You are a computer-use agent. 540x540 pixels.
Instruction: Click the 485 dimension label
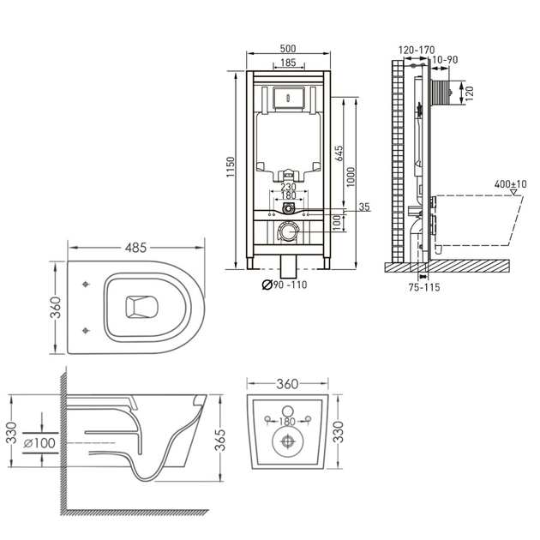pos(135,247)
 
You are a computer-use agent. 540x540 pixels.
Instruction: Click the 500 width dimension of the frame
pos(288,49)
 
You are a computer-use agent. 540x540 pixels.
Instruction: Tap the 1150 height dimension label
pos(230,167)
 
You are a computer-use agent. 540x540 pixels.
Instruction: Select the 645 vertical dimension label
pos(339,153)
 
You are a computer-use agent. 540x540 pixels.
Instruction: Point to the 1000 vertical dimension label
pos(351,177)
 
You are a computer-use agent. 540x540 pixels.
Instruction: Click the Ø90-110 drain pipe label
pos(284,285)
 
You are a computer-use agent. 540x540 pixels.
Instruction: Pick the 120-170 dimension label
pos(417,51)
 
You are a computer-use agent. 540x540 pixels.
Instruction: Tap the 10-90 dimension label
pos(445,60)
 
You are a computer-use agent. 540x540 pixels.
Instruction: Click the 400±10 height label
pos(510,184)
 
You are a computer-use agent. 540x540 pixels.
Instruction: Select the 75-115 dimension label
pos(424,287)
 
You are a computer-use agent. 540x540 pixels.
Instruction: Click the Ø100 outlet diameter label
pos(39,443)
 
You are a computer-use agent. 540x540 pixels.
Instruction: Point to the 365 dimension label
pos(219,440)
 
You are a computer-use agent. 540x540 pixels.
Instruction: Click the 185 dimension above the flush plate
pos(288,63)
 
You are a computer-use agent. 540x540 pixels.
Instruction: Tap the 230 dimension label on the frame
pos(288,187)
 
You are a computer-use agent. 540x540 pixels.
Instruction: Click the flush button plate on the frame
pos(289,98)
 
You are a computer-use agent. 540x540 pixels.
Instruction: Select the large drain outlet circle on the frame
pos(288,231)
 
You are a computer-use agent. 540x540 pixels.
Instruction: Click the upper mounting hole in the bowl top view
pos(86,284)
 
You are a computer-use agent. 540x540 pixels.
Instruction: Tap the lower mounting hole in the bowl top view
pos(86,331)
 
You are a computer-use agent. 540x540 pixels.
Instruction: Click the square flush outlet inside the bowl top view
pos(141,307)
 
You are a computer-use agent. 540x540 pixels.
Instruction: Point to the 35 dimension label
pos(364,207)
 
